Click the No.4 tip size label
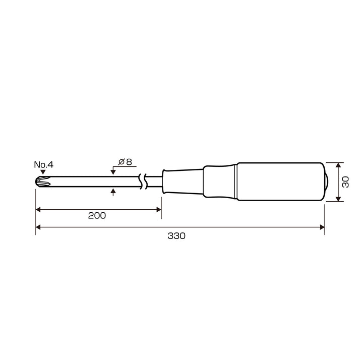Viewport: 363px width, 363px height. point(44,164)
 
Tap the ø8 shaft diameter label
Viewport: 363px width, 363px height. point(125,162)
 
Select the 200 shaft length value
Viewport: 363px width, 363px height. point(97,216)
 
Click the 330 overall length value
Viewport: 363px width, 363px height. point(176,236)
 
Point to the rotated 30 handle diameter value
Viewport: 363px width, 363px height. point(345,182)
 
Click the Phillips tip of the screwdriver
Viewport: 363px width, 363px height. point(43,181)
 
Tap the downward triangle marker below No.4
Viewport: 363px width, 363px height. point(43,172)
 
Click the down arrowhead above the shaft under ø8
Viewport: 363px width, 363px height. point(113,172)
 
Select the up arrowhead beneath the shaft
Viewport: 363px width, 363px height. point(113,191)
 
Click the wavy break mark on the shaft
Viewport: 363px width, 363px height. point(143,181)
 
